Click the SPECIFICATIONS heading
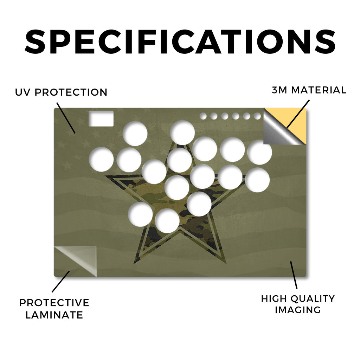tap(180, 42)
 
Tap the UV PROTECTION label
tap(61, 92)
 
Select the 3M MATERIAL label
tap(309, 90)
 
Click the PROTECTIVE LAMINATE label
tap(54, 309)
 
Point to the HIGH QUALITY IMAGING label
tap(298, 304)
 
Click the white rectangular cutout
tap(101, 118)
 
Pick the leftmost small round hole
tap(203, 116)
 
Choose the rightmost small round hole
tap(257, 116)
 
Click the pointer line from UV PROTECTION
tap(66, 118)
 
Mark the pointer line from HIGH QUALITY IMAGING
tap(294, 275)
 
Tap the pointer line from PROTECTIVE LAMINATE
tap(60, 282)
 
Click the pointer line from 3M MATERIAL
tap(298, 114)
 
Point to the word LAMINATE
tap(54, 315)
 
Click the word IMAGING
tap(298, 310)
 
